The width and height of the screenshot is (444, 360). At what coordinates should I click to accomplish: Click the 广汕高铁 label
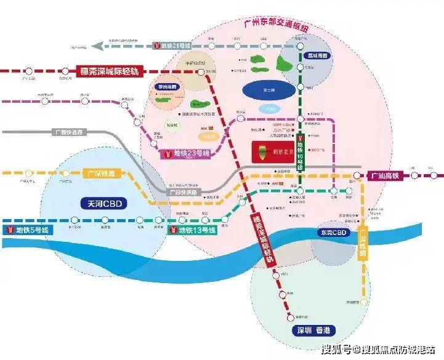point(384,176)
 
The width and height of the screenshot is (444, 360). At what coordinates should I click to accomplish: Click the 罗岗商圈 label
point(165,87)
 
